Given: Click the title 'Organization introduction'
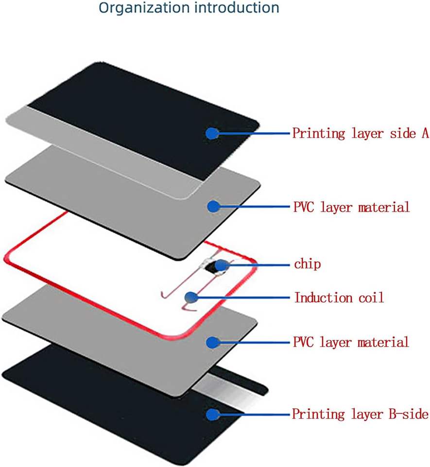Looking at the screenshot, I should tap(189, 8).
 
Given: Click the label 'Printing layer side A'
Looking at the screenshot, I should tap(360, 133).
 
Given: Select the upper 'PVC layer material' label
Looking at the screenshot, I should tap(352, 207).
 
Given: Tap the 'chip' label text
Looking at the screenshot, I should tap(308, 265).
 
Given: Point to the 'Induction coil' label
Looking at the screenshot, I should tap(339, 297).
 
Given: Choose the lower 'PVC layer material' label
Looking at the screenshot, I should tap(351, 342).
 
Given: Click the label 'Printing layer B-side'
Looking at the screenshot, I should tap(360, 414).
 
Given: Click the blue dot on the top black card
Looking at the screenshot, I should tap(212, 133).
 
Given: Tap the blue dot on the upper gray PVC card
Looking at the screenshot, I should tap(213, 207).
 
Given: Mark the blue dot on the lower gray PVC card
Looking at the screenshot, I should tap(213, 342).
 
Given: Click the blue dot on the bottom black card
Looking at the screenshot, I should tap(213, 414).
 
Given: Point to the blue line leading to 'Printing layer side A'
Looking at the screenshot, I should tap(253, 133).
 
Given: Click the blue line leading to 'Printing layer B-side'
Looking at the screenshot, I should tap(253, 414).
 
